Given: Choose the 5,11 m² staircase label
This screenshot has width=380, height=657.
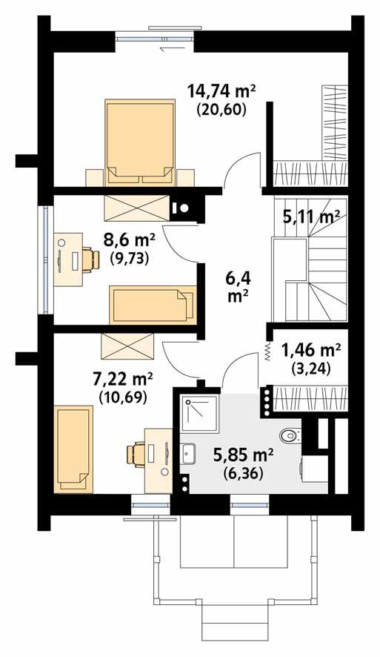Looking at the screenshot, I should [310, 217].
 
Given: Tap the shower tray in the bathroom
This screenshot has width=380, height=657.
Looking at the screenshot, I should [200, 412].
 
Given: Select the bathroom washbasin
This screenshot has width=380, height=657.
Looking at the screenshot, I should [187, 453].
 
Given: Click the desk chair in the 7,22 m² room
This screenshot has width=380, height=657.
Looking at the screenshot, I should [139, 453].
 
